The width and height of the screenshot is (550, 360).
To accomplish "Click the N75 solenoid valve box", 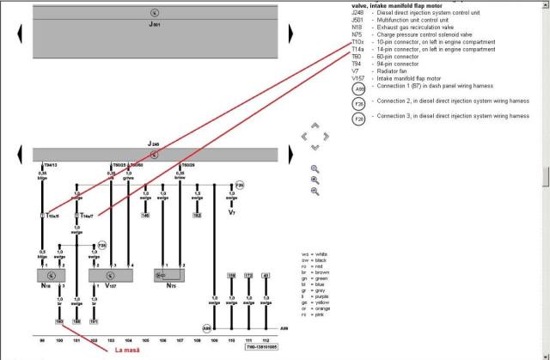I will (172, 276).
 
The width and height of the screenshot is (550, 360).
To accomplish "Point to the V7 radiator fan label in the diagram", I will (232, 211).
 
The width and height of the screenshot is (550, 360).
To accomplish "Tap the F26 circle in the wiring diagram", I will (240, 185).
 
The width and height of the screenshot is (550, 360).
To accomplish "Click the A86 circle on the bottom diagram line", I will (206, 328).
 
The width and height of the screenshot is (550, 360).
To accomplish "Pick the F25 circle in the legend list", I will (334, 103).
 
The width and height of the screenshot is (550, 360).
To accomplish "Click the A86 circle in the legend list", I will (334, 88).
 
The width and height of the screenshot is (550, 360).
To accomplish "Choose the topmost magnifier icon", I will (315, 169).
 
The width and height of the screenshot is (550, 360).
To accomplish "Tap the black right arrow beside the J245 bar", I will (290, 154).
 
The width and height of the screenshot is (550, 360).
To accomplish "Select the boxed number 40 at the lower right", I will (266, 275).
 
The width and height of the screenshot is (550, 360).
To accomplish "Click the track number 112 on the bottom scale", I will (266, 341).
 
